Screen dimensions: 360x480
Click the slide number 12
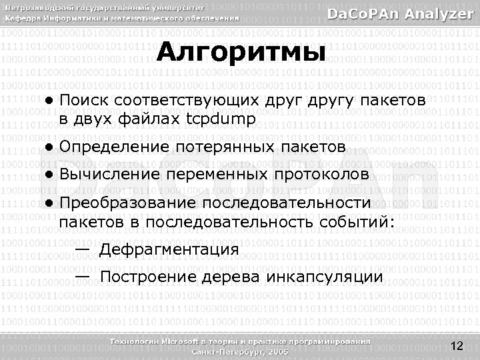click(x=457, y=345)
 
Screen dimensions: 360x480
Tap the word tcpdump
click(x=220, y=119)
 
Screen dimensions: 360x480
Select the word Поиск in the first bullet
click(x=84, y=101)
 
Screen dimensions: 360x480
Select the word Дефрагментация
click(x=169, y=250)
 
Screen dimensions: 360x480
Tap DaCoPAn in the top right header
click(x=362, y=13)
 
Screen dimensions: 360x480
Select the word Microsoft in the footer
click(x=181, y=341)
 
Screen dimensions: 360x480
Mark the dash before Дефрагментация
click(x=83, y=249)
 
